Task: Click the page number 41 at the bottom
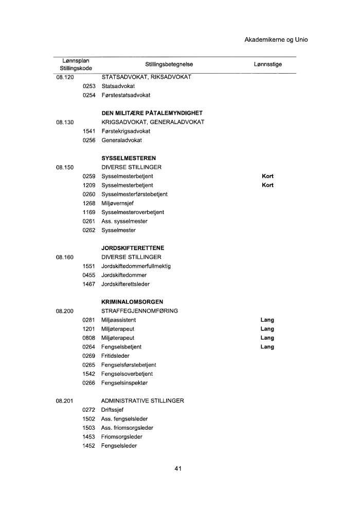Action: (x=178, y=468)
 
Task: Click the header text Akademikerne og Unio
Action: (x=276, y=40)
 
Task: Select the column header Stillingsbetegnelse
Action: (x=169, y=64)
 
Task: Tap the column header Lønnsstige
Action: (x=267, y=64)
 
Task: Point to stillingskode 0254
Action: (x=89, y=95)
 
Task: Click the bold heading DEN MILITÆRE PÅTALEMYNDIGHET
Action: (x=152, y=113)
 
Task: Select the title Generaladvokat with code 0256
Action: (x=121, y=140)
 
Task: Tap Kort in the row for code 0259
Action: (x=267, y=176)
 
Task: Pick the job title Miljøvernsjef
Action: (x=118, y=203)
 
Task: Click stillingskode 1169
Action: (x=89, y=212)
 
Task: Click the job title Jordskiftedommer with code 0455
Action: (x=124, y=275)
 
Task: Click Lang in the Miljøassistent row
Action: (x=267, y=320)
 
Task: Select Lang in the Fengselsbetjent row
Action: (x=267, y=347)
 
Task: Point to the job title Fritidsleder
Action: (x=115, y=356)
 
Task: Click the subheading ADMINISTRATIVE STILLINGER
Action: (x=142, y=400)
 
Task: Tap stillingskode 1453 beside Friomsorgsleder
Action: (x=89, y=436)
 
